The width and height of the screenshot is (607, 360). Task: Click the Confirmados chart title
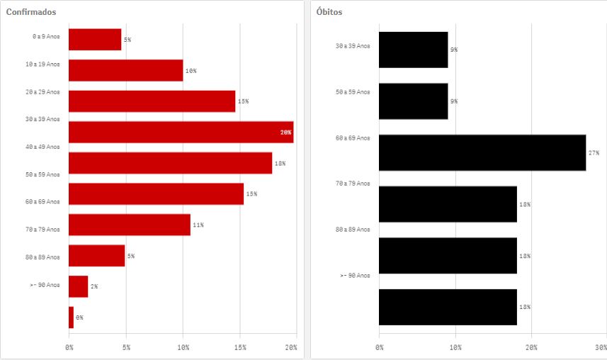coord(31,13)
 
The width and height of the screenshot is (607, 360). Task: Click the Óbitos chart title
coord(329,13)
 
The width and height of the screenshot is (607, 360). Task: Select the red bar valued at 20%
coord(181,133)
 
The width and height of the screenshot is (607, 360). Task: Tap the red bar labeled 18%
coord(170,163)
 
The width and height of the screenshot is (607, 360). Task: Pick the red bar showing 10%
coord(125,71)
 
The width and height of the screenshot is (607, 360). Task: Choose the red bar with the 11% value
coord(129,225)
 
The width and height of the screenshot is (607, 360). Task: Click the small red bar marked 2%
coord(78,286)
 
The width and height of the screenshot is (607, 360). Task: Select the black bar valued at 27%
coord(482,152)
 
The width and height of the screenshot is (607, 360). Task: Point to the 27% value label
coord(594,152)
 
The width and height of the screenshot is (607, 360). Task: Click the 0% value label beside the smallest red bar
coord(79,317)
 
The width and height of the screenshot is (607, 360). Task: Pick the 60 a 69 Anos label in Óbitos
coord(352,137)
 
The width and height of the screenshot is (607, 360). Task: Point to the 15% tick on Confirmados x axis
coord(240,347)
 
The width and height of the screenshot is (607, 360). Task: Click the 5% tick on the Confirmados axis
coord(126,347)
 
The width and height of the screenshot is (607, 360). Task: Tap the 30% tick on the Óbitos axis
coord(601,347)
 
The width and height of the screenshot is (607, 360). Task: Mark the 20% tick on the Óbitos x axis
coord(531,347)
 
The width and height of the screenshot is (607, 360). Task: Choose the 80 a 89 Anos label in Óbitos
coord(352,230)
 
